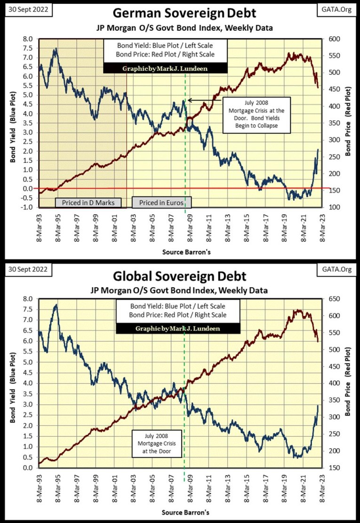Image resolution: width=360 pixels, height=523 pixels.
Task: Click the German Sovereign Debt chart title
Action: point(180,13)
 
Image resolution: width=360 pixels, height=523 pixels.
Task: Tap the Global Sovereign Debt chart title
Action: point(180,275)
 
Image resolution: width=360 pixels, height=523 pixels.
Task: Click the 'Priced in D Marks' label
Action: point(88,202)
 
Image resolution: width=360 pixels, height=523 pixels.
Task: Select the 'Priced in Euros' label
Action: point(161,202)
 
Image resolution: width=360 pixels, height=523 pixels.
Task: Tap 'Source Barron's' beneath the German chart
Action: point(187,252)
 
